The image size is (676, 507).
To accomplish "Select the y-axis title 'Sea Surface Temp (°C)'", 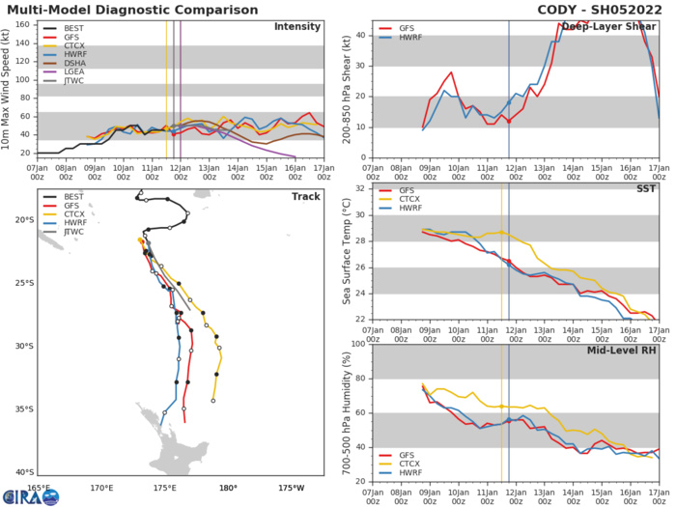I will [346, 253].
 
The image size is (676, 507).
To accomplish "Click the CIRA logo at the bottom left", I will [31, 497].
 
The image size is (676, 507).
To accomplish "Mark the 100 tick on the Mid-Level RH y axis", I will [359, 345].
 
